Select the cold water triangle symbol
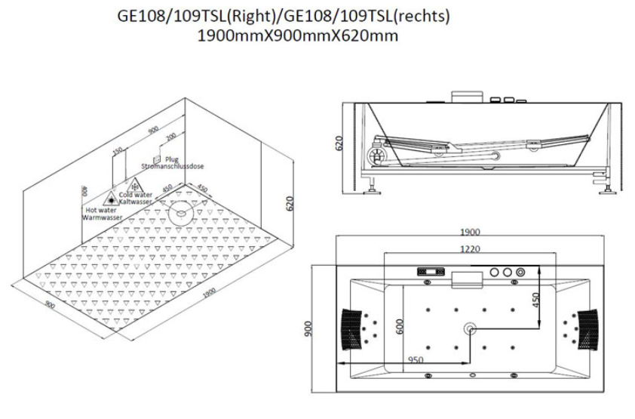135,186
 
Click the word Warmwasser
103,217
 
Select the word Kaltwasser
136,202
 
